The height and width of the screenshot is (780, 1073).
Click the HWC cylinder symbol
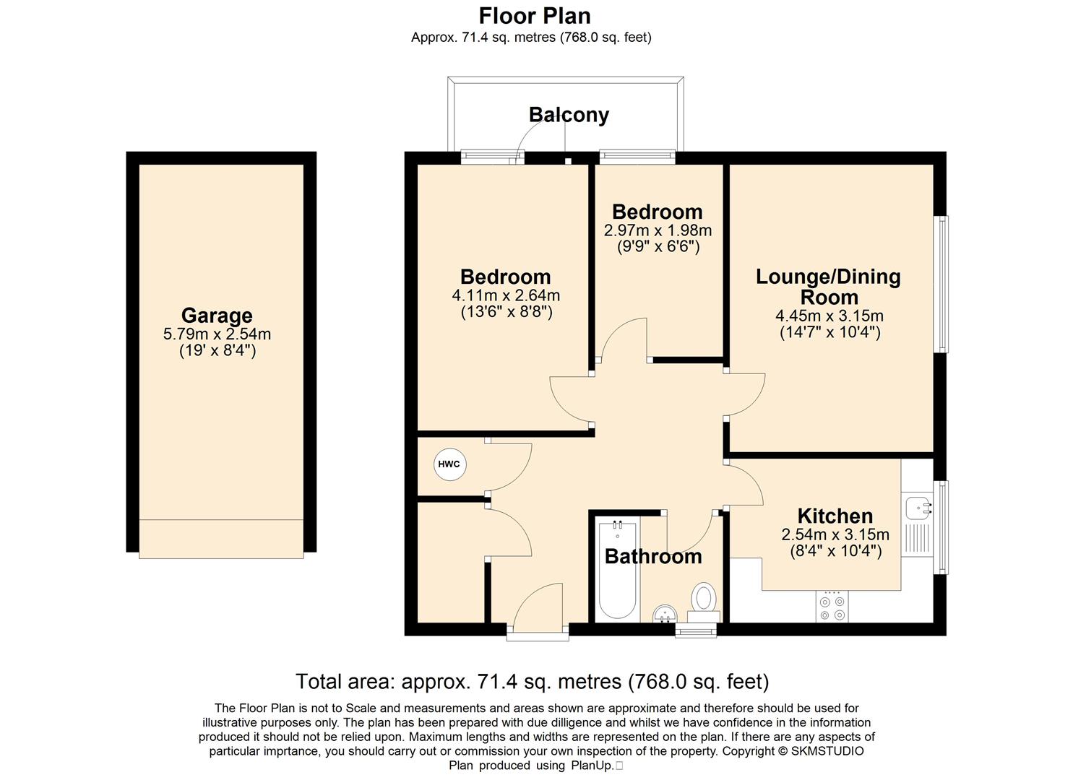click(449, 464)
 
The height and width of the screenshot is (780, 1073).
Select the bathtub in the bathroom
click(617, 570)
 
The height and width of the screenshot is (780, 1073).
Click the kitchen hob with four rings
click(832, 607)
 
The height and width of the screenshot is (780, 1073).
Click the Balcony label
click(569, 115)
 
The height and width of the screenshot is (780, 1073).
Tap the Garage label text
click(217, 316)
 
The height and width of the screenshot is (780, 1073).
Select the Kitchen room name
click(835, 516)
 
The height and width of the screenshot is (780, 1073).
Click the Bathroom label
click(653, 556)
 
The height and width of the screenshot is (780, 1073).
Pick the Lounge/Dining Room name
click(828, 287)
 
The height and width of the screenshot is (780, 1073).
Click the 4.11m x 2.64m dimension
click(506, 295)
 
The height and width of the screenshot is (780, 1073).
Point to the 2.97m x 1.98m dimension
click(658, 230)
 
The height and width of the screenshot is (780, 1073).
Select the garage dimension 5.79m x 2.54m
click(217, 334)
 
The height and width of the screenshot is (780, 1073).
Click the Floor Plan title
click(535, 17)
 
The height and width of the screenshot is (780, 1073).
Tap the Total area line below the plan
click(533, 681)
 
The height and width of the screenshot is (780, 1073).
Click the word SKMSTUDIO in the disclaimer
click(827, 751)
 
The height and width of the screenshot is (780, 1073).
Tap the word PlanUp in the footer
click(592, 766)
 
